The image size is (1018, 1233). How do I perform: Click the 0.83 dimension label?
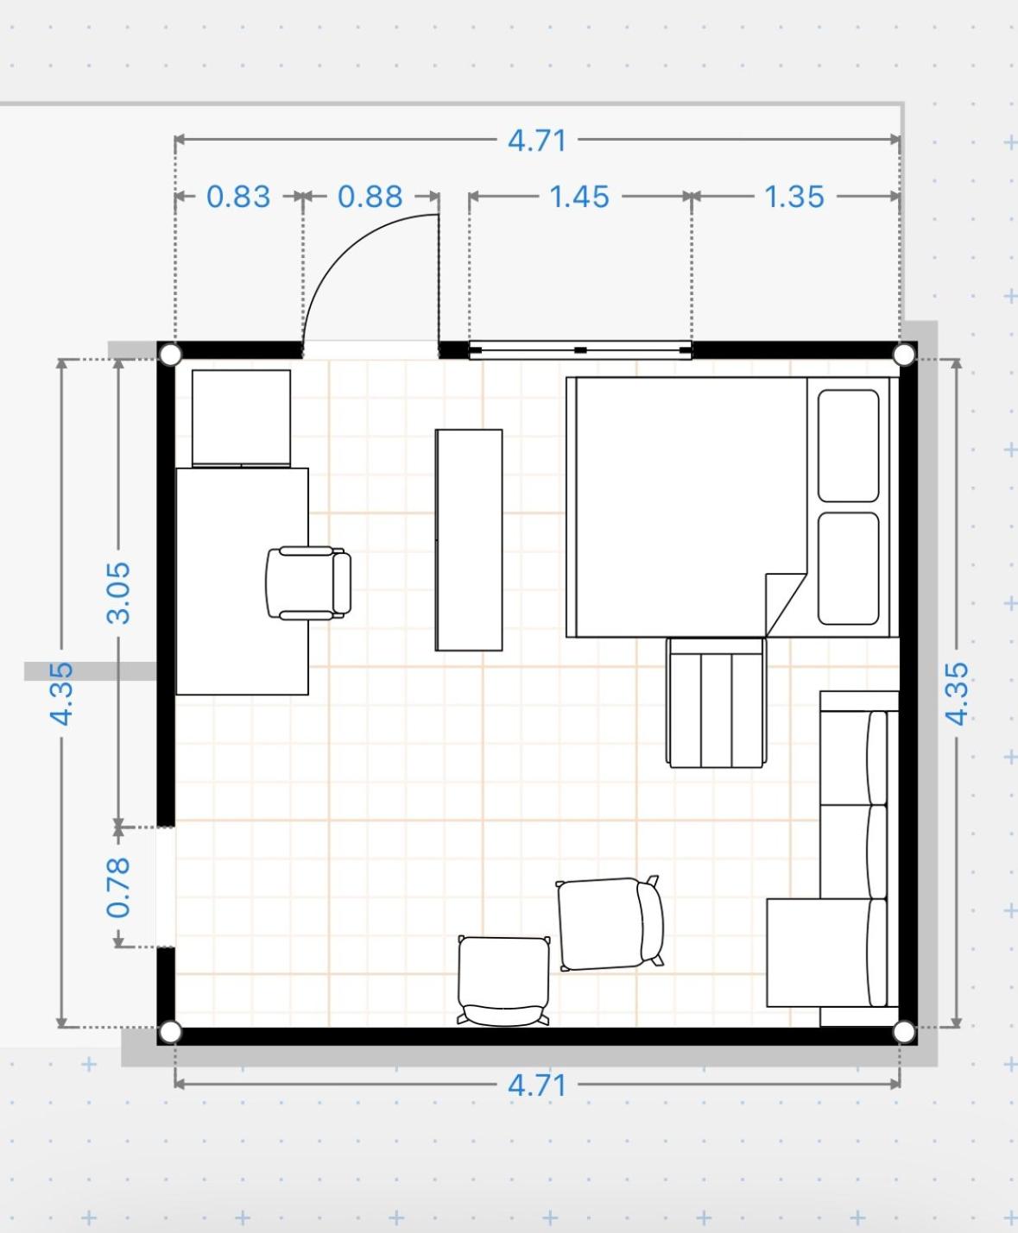pos(238,197)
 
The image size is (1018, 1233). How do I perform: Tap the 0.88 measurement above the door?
pos(370,197)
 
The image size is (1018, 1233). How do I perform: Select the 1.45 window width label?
pos(579,197)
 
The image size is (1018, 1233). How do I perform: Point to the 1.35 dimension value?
pos(794,197)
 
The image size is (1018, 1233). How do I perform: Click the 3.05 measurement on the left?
pos(118,593)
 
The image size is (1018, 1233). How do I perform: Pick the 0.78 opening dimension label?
pos(118,888)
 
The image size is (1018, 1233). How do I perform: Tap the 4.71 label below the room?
pos(537,1085)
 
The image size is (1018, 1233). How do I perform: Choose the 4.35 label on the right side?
pos(957,694)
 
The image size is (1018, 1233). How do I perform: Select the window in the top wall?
pos(580,350)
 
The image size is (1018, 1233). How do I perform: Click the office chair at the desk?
pos(308,583)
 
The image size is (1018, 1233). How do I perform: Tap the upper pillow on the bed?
pos(849,446)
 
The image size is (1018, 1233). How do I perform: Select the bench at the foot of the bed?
pos(716,702)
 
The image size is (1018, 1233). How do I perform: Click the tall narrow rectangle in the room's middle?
pos(469,540)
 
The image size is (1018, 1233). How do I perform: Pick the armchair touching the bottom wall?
pos(503,980)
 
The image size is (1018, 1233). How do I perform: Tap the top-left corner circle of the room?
pos(171,355)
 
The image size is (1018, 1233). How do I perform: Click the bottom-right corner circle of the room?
pos(904,1032)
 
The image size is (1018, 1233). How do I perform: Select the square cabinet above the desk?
pos(241,418)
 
